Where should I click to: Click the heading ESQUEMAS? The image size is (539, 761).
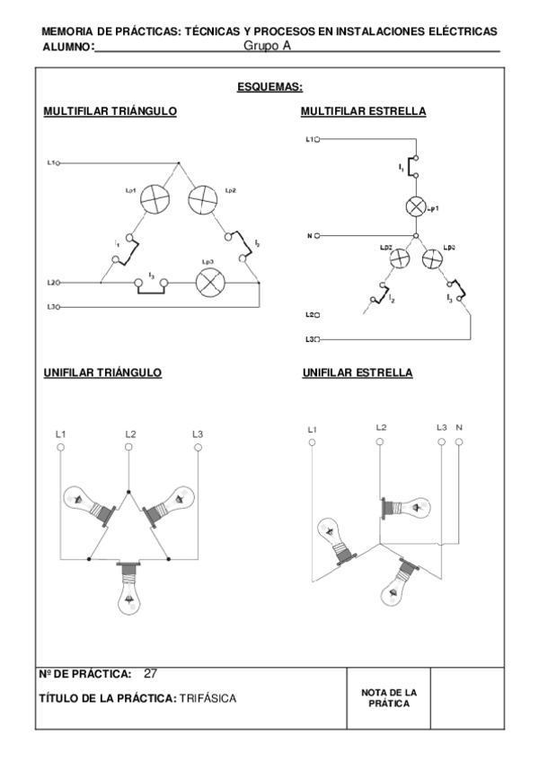click(269, 87)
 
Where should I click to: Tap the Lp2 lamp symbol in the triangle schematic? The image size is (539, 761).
click(203, 199)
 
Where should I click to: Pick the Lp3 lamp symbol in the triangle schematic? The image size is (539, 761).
click(210, 283)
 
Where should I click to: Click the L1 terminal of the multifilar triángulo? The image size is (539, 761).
click(57, 163)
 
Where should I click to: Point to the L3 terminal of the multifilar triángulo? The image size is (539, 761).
click(57, 308)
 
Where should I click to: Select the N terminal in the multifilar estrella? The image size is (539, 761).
click(316, 236)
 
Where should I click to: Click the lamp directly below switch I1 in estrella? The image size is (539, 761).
click(416, 206)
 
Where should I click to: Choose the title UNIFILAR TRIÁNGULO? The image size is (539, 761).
click(102, 372)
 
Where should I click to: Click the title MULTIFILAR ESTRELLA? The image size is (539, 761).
click(364, 111)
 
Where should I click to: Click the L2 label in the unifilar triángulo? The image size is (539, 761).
click(131, 435)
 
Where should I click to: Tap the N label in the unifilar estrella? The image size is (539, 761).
click(460, 428)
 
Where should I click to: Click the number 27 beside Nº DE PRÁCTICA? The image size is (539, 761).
click(151, 673)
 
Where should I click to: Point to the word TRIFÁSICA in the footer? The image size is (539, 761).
click(208, 698)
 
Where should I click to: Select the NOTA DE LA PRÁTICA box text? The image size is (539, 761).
click(388, 698)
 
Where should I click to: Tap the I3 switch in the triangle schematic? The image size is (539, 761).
click(152, 284)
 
